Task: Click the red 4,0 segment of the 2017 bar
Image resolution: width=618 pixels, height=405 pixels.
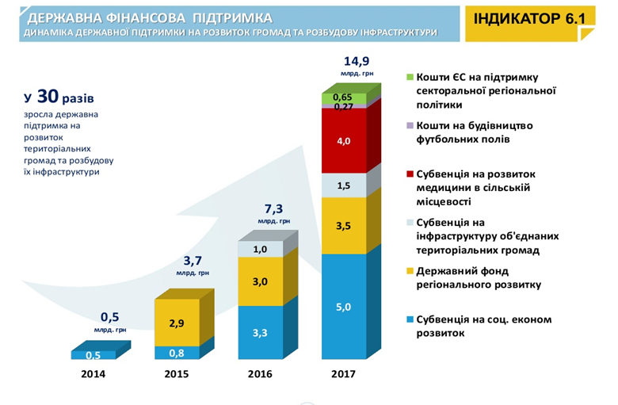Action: click(x=344, y=140)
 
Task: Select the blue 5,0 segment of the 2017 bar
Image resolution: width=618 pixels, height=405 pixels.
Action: click(x=344, y=306)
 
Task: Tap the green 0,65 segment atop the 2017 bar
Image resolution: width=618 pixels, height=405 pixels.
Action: click(x=344, y=97)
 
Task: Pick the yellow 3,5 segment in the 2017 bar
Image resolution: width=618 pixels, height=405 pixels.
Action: click(x=344, y=225)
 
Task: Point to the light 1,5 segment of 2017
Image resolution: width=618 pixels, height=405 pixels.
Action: click(x=344, y=185)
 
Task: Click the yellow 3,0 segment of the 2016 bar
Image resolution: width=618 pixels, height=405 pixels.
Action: click(x=261, y=281)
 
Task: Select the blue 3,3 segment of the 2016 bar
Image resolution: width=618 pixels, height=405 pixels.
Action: click(x=261, y=332)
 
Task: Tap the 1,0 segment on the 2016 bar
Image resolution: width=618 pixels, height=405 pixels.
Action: click(x=261, y=249)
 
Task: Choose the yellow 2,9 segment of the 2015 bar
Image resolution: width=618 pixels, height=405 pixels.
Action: click(x=177, y=322)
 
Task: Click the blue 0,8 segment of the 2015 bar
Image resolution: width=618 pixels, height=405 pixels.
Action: click(x=177, y=353)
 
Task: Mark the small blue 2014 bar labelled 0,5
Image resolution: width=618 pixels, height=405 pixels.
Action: click(x=93, y=355)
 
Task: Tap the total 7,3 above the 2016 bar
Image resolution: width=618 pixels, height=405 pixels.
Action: click(x=274, y=208)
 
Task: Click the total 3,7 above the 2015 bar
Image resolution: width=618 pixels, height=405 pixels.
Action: click(x=192, y=260)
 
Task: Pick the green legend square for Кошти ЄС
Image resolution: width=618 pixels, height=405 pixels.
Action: click(x=410, y=78)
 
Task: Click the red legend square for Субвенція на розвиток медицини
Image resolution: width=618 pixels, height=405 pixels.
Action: click(x=410, y=174)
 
